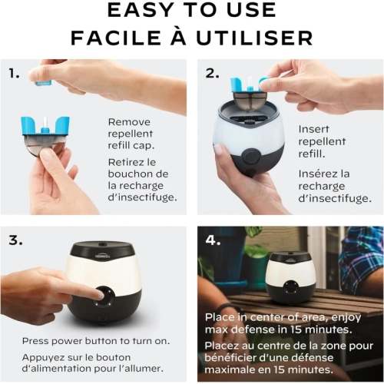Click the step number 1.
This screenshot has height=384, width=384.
(x=14, y=73)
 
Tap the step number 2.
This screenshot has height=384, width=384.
(x=212, y=73)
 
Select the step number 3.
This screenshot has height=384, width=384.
(x=15, y=240)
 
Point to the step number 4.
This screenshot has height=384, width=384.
(x=213, y=240)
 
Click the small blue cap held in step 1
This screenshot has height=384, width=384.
(x=44, y=83)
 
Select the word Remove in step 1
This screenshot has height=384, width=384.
(x=129, y=122)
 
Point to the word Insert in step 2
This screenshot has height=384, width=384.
(x=313, y=129)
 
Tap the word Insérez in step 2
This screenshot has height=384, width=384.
(x=319, y=174)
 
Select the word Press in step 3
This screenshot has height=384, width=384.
(x=35, y=341)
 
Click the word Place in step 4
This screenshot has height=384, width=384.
(x=220, y=317)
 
